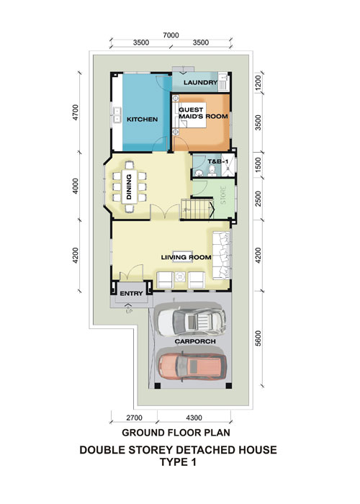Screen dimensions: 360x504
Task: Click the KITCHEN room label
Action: point(142,120)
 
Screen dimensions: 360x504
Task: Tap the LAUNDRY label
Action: point(201,82)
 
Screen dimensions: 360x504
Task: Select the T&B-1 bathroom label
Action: point(217,161)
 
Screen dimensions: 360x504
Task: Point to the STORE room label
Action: point(223,195)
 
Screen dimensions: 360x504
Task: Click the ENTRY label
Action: point(131,294)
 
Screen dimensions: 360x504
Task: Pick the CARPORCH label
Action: point(195,341)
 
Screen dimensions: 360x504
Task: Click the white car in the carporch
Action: point(192,321)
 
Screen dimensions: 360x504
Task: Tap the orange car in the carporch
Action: point(192,367)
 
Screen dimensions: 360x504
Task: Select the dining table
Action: point(129,186)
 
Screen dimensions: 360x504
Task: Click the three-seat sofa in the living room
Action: point(221,256)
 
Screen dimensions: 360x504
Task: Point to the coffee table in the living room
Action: point(183,256)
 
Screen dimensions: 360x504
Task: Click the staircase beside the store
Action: point(197,209)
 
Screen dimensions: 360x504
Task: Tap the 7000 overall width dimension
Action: point(171,35)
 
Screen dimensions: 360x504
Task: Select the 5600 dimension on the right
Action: point(258,338)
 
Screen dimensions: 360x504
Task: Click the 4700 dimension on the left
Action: point(75,112)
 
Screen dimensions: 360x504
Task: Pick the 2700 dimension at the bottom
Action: point(134,418)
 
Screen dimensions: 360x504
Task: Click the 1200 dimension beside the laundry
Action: point(258,82)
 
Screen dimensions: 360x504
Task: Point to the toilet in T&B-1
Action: point(212,171)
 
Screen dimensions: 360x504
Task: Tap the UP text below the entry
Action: point(129,311)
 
